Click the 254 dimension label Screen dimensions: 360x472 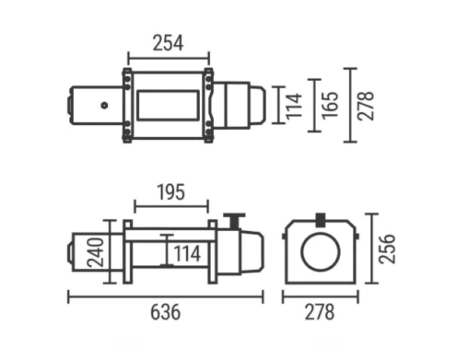[x=168, y=43]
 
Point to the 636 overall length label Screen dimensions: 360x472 [x=165, y=313]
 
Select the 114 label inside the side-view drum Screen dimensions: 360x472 [x=187, y=254]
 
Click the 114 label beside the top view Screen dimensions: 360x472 [x=293, y=105]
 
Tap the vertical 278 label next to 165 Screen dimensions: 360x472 [x=366, y=105]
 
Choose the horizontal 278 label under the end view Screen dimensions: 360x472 [x=320, y=313]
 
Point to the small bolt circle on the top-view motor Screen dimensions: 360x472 [x=102, y=105]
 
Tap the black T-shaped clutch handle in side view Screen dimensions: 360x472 [x=233, y=219]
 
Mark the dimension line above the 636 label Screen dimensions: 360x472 [x=165, y=295]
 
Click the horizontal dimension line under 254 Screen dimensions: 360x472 [x=168, y=57]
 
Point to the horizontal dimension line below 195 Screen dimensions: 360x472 [x=171, y=207]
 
